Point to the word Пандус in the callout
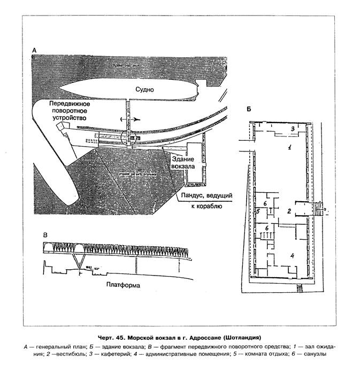click(x=194, y=196)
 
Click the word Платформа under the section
click(x=123, y=285)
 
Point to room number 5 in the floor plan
click(x=258, y=212)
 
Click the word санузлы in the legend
click(x=309, y=354)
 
